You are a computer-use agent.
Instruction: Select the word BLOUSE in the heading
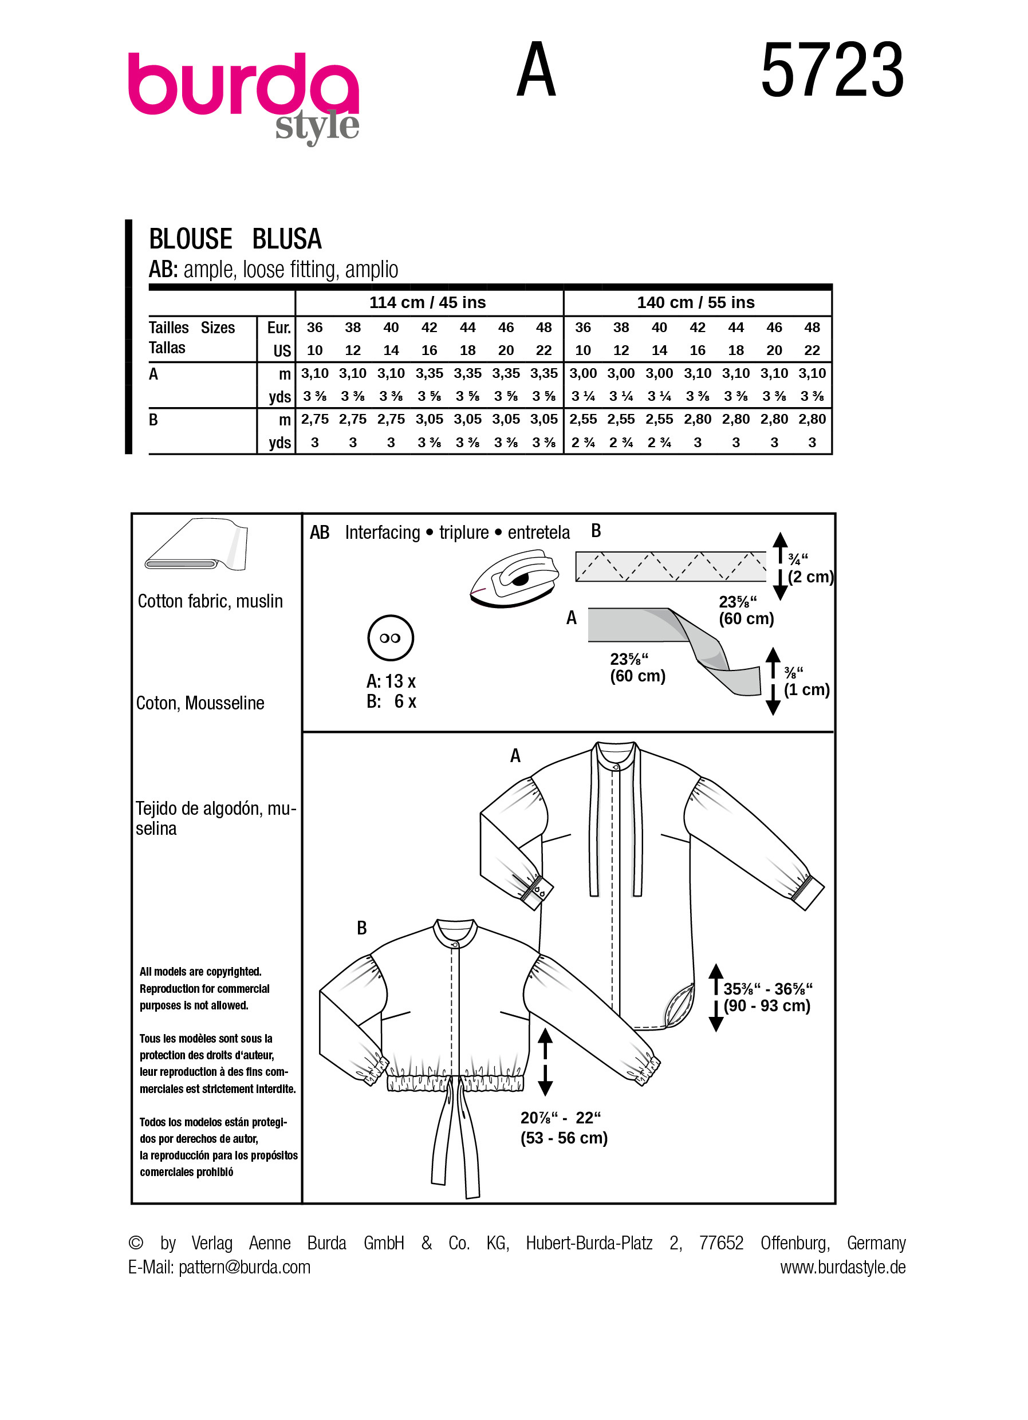point(190,239)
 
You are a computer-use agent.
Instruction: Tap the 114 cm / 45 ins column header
point(428,302)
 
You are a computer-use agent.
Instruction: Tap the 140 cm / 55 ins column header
point(696,302)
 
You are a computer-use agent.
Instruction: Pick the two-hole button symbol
point(390,638)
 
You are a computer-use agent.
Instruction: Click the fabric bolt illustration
point(196,544)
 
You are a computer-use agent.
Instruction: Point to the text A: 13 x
point(391,681)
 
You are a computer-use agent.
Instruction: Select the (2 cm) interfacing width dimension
point(810,577)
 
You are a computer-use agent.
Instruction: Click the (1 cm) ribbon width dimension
point(806,689)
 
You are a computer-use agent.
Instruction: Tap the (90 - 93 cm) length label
point(767,1005)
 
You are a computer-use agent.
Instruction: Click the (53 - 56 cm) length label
point(564,1138)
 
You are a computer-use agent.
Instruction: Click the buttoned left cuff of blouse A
point(536,890)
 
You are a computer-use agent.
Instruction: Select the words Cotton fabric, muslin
point(210,601)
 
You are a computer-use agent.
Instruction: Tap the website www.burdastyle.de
point(842,1267)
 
